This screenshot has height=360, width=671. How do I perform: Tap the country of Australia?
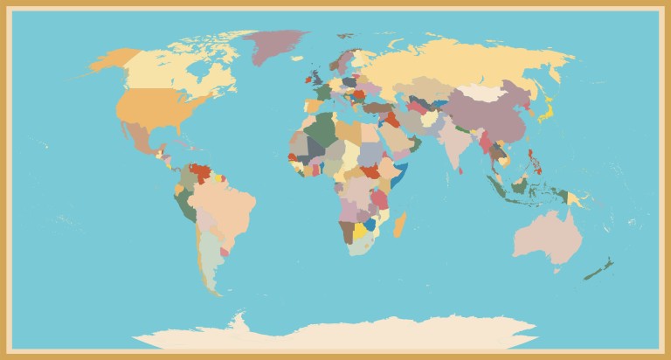(547, 235)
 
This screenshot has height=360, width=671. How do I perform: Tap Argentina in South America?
(209, 261)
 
